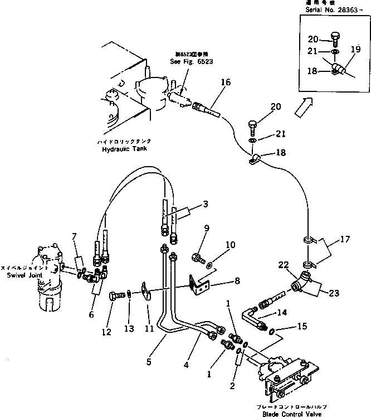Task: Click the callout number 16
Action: (225, 82)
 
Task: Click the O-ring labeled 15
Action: (271, 333)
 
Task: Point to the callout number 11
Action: (149, 329)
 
